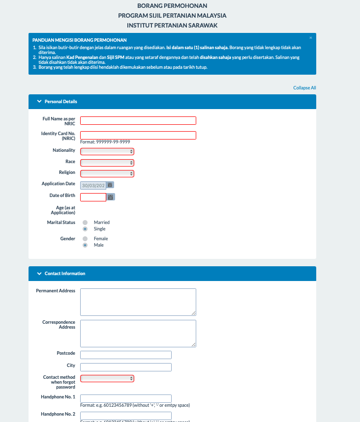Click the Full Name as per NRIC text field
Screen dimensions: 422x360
click(138, 120)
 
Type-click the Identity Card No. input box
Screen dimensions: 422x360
click(138, 136)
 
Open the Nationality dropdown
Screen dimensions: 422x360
click(107, 151)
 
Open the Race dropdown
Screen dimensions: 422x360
click(107, 163)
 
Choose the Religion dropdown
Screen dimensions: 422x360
click(107, 173)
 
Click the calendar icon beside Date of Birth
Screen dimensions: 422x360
click(111, 197)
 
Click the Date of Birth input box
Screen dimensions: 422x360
click(93, 197)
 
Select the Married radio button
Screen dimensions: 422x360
click(85, 223)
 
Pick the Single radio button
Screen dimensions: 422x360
click(85, 229)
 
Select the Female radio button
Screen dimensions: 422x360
click(85, 239)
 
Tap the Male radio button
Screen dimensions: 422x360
click(85, 245)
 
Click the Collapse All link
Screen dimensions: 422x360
click(304, 88)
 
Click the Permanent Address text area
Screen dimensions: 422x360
click(138, 302)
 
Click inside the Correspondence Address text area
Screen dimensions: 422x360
click(138, 333)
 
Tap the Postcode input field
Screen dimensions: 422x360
click(125, 355)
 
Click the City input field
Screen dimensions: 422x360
click(125, 367)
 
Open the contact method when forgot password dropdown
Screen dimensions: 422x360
click(107, 378)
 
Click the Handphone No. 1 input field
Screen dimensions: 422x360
click(125, 398)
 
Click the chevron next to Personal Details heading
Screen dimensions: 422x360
click(39, 102)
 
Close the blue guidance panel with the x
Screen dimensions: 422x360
click(310, 38)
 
